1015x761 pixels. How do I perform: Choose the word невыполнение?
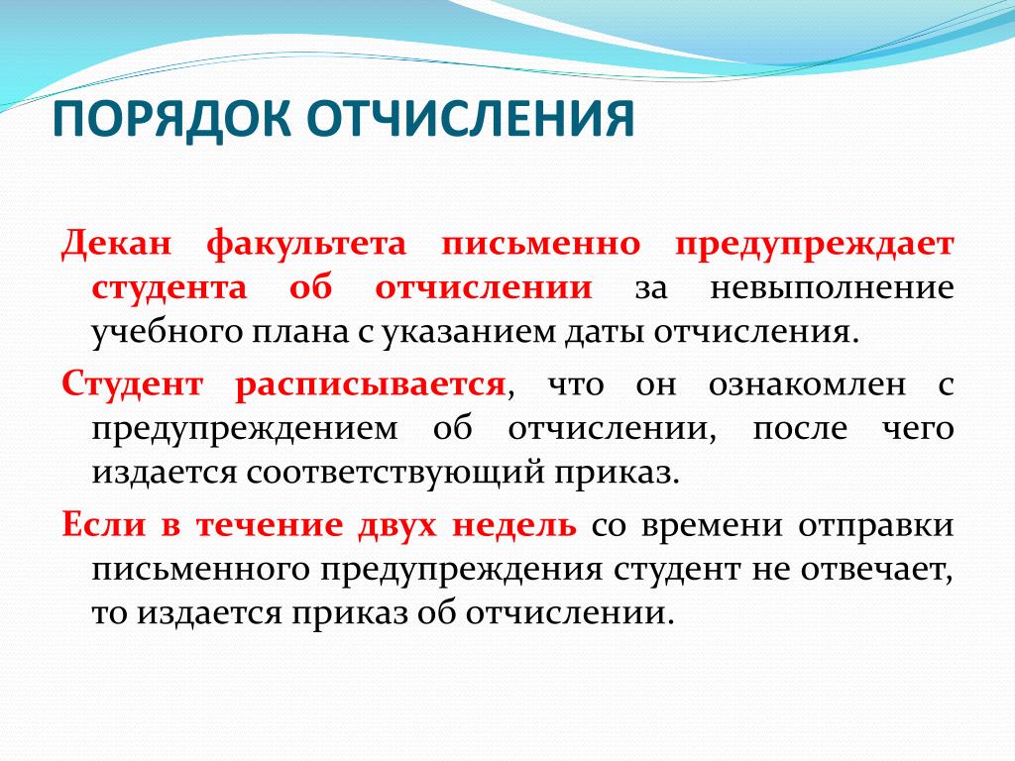pos(832,288)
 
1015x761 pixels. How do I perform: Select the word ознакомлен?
pos(807,384)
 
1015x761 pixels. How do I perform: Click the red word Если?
pos(103,524)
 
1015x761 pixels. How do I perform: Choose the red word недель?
pos(513,526)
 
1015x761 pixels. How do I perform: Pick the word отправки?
pos(876,526)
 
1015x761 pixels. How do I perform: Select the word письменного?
pos(200,570)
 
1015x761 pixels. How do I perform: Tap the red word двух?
pos(396,526)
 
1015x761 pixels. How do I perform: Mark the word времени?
pos(712,526)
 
